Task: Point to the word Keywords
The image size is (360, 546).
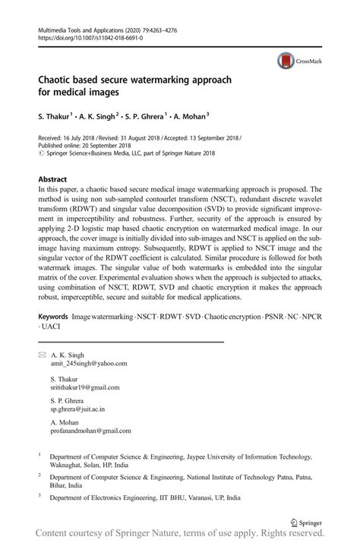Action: [58, 314]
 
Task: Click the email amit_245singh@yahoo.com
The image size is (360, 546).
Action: [88, 364]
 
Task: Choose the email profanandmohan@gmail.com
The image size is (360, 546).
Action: [93, 432]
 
